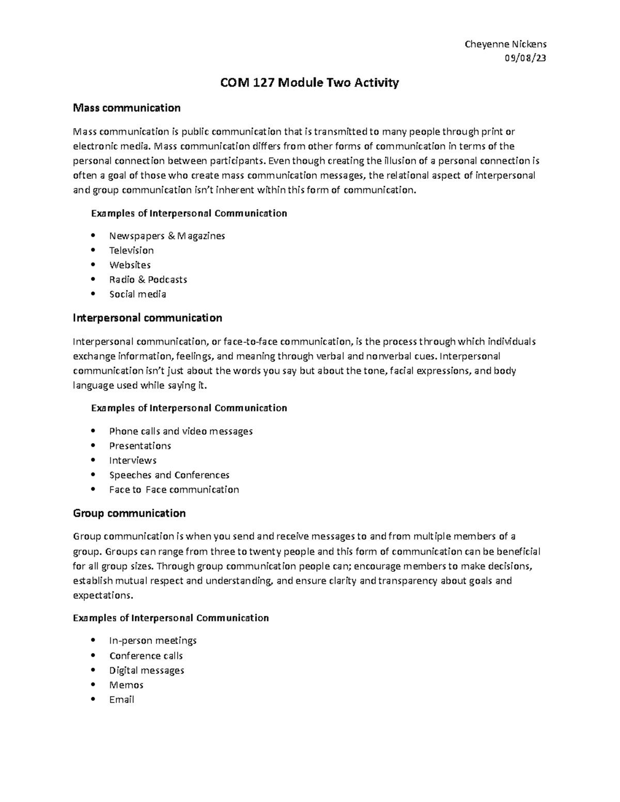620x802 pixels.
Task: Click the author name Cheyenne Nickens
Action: point(505,44)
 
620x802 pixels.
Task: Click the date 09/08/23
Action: point(525,58)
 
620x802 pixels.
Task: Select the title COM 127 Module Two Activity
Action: point(309,83)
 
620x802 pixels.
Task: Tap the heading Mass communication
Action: point(127,108)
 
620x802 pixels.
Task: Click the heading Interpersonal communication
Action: point(147,318)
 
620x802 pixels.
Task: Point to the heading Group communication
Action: point(129,513)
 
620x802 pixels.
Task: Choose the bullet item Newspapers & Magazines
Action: point(167,236)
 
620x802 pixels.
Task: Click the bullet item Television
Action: point(131,250)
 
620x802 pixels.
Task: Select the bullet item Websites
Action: point(130,265)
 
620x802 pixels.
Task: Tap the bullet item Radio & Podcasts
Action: point(148,279)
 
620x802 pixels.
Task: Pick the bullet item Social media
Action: point(137,294)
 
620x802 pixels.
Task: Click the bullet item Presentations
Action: point(140,446)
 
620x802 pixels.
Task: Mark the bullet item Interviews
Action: point(133,460)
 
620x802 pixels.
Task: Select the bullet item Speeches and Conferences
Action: point(169,475)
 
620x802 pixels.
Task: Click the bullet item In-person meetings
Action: point(153,641)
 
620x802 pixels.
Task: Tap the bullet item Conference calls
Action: point(146,656)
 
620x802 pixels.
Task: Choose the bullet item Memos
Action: point(126,685)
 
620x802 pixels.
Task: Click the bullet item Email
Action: point(121,700)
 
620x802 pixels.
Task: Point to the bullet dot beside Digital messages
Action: point(93,670)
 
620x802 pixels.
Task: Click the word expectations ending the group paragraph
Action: point(102,595)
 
